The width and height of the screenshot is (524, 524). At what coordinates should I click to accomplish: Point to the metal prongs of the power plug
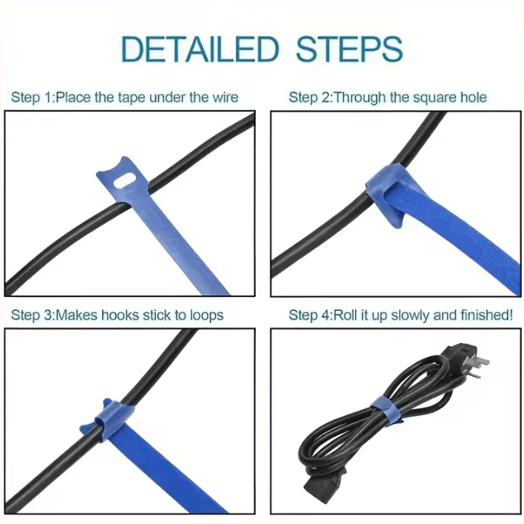tap(480, 363)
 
